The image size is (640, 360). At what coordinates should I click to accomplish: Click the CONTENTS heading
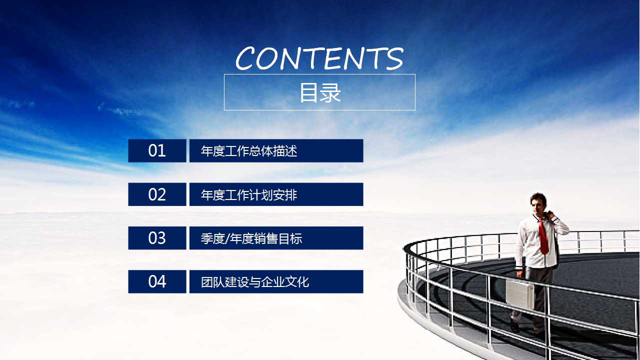coord(319,58)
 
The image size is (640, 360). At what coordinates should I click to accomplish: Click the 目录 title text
coord(320,93)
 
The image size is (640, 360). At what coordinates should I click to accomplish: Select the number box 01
coord(157,150)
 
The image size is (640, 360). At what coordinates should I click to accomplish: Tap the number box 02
coord(157,194)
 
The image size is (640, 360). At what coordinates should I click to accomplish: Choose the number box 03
coord(157,238)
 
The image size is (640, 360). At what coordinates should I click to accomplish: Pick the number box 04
coord(157,282)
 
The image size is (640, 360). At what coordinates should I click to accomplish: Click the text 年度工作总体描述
coord(249,151)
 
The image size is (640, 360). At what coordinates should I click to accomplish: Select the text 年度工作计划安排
coord(249,195)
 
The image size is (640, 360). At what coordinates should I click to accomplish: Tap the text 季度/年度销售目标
coord(251,238)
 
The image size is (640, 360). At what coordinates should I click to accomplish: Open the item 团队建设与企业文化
coord(255,282)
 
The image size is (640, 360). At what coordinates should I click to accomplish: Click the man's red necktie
coord(543,237)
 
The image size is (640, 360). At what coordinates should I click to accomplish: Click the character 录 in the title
coord(331,93)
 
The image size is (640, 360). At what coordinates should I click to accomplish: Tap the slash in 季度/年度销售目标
coord(226,239)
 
